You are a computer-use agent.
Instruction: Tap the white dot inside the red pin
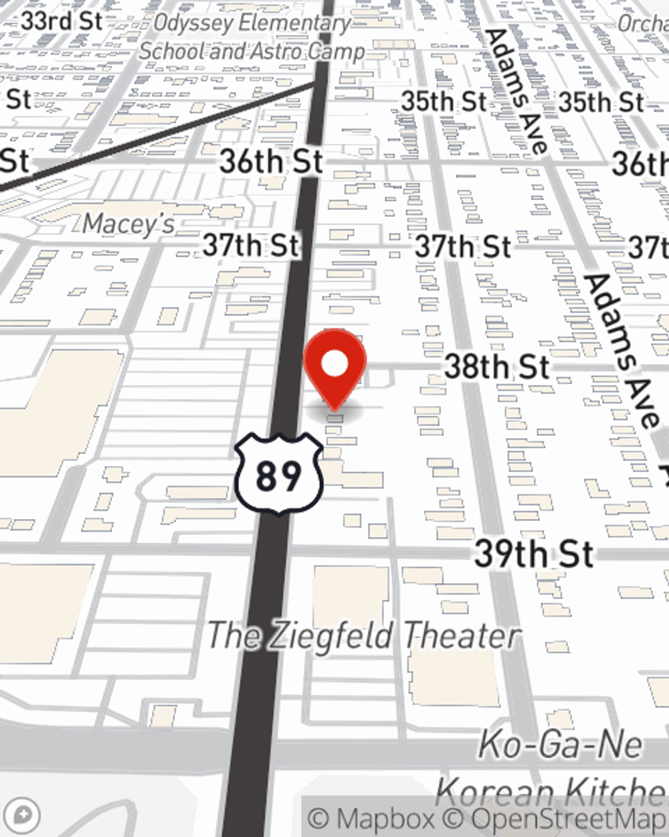point(335,364)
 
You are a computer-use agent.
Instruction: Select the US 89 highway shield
point(279,475)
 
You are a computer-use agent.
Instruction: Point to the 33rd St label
point(62,21)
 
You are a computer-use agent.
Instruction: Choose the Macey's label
point(128,224)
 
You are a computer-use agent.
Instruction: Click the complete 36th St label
point(272,161)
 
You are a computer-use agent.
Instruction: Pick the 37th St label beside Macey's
point(251,245)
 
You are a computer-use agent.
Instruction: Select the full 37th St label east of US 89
point(463,246)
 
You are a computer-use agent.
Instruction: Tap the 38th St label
point(497,367)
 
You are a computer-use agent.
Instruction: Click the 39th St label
point(534,554)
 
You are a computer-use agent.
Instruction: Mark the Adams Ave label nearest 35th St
point(517,90)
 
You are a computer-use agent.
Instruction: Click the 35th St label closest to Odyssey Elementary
point(444,102)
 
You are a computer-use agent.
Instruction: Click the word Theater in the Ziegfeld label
point(462,635)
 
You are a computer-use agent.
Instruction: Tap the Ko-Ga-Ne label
point(561,745)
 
